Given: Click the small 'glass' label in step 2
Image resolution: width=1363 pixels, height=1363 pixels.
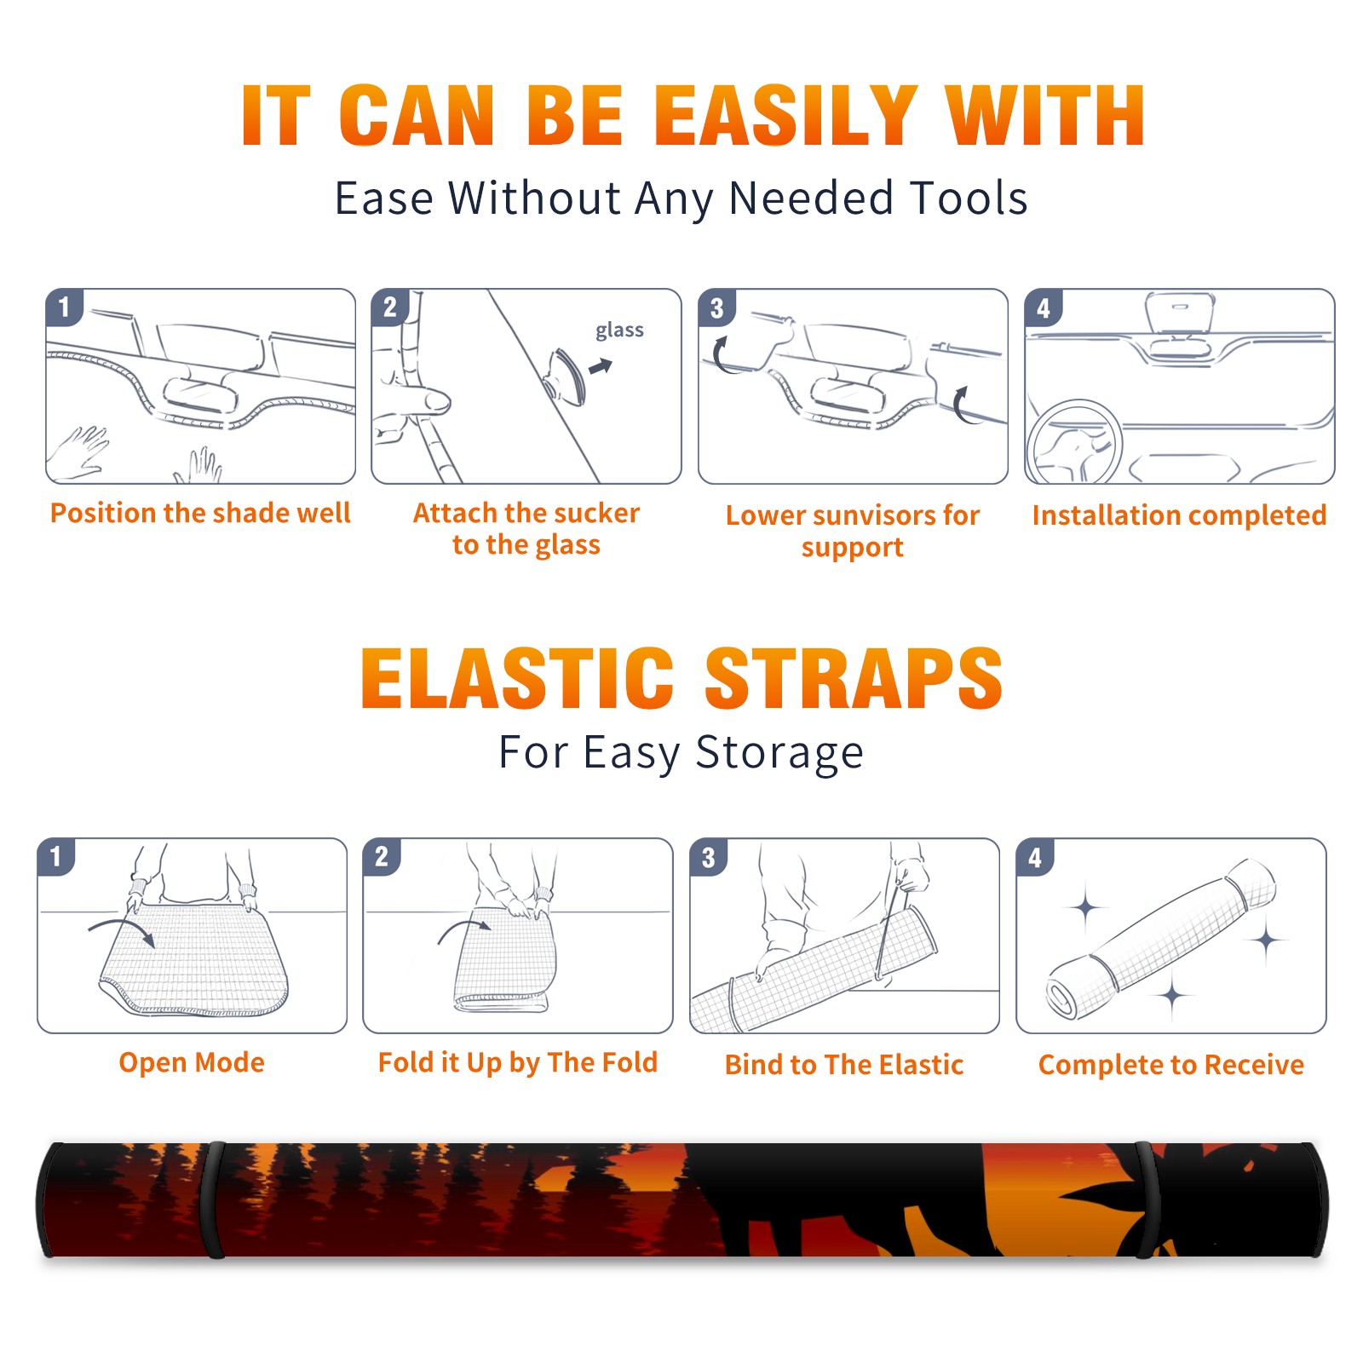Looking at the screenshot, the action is pos(619,331).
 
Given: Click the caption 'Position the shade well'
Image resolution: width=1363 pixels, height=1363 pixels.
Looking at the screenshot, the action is pos(200,513).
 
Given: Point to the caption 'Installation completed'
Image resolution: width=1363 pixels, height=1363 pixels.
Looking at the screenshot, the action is pos(1179,515).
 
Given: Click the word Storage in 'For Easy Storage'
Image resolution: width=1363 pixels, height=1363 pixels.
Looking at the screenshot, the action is pos(779,753).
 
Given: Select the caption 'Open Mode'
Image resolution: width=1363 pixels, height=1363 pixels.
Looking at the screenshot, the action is pos(192,1062).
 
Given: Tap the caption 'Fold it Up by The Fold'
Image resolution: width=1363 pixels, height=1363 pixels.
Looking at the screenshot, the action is pos(518,1062).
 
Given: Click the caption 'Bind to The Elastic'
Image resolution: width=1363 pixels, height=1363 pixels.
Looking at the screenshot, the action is pos(844,1065).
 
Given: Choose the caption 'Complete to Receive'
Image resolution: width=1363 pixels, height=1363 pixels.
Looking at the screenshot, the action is pos(1171,1065).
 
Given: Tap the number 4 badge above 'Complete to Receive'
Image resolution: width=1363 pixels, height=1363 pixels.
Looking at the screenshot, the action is pos(1035,857).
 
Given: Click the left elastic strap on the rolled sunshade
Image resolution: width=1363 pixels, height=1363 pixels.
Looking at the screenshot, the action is pos(213,1199).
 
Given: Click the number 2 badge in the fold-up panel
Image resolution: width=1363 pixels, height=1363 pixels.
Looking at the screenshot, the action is pos(382,857).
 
